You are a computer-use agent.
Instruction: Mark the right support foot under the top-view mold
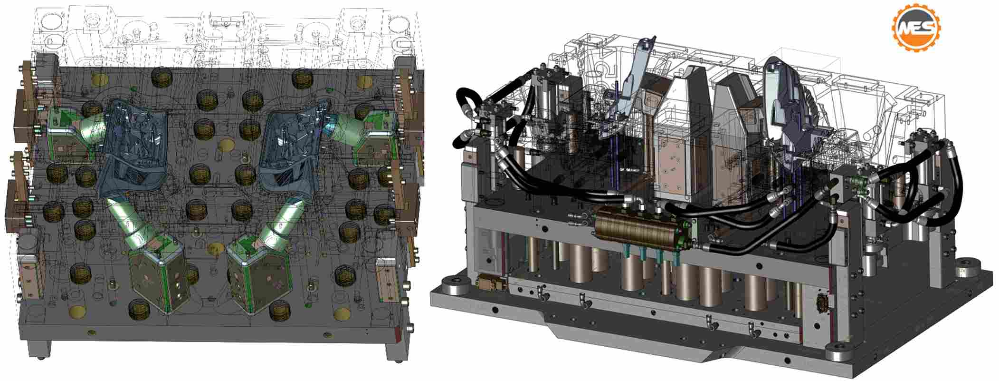(x=397, y=351)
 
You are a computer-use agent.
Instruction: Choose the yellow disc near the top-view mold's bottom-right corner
(x=342, y=314)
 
